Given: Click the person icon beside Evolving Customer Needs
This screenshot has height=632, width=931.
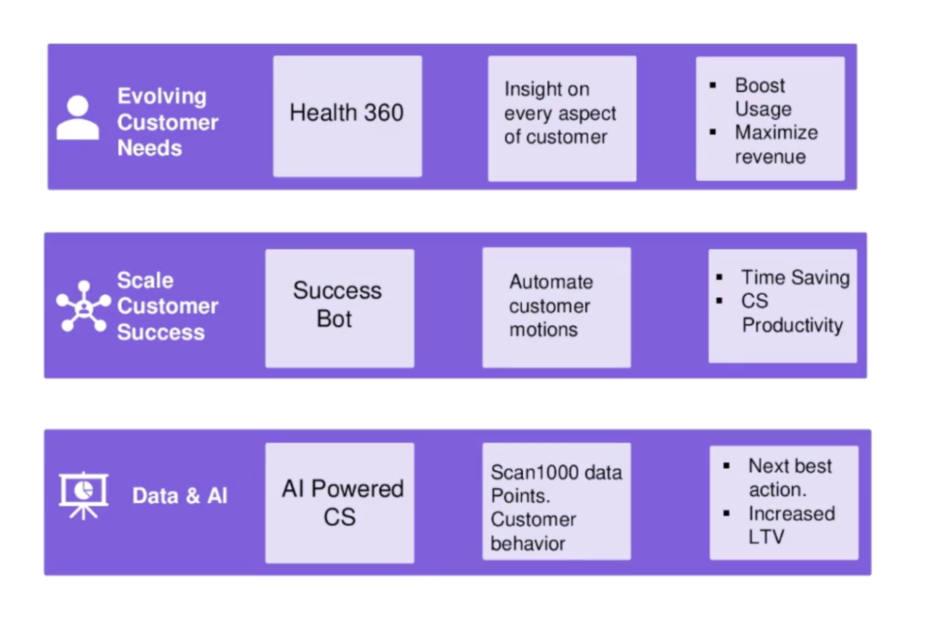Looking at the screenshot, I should coord(77,118).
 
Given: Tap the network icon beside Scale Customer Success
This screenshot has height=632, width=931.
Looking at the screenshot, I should coord(84,306).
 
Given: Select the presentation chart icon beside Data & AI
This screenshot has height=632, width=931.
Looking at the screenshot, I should coord(84,495).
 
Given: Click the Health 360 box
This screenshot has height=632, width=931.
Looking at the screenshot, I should coord(347,116).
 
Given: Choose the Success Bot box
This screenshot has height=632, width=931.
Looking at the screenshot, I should coord(339,308).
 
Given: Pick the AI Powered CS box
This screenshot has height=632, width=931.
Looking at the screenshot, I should coord(339,503).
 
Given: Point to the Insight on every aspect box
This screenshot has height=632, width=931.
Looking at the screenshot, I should coord(562,118).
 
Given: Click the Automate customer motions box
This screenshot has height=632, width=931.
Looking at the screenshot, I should coord(556,307).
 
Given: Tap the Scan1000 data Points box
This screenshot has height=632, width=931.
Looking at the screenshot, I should coord(556,501).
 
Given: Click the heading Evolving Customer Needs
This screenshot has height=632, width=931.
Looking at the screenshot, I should coord(168,122).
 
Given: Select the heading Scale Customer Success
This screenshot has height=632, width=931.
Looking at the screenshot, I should coord(168,306).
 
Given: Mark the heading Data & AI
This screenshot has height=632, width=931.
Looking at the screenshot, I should coord(180,495).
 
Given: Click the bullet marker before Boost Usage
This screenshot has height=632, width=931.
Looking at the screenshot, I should coord(713,85).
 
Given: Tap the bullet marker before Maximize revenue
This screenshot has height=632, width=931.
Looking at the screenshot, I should coord(713,132).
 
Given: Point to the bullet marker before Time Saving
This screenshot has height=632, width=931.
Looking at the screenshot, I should coord(719,277).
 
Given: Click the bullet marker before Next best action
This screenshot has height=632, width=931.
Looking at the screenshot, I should coord(726,466).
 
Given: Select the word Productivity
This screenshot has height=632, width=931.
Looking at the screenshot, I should coord(792,325).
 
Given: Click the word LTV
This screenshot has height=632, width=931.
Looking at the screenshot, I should coord(766,537).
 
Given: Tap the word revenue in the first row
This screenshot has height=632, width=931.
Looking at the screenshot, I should coord(770,157).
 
